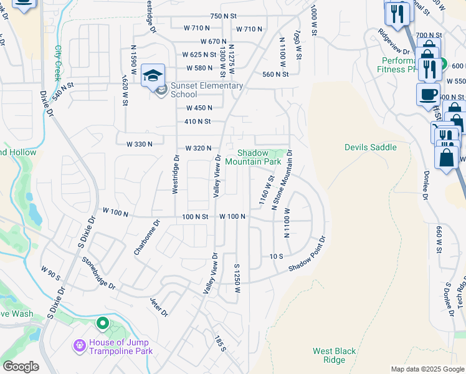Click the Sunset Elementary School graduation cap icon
pos(153,75)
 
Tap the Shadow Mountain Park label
pos(253,157)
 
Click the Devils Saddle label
pos(370,147)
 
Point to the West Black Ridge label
pos(334,355)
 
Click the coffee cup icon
pos(428,95)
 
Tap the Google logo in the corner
pos(21,367)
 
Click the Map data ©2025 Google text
pos(427,369)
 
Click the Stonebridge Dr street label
pos(98,274)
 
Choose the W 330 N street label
pos(140,144)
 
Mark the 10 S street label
pos(277,256)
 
